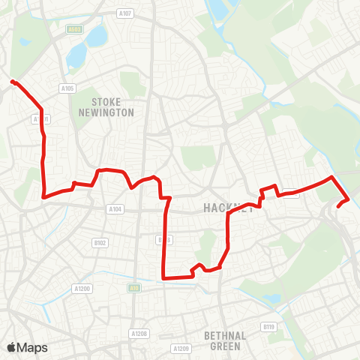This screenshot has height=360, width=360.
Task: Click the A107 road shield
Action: (x=125, y=13)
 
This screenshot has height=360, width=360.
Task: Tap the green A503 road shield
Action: (x=73, y=30)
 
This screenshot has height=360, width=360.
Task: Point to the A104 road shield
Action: (x=114, y=209)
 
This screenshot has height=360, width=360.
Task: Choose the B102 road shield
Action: (x=101, y=242)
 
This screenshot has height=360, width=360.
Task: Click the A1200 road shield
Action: (x=82, y=288)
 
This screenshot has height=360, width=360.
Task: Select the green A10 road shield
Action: (x=131, y=287)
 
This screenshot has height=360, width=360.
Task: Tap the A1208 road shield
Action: (x=138, y=333)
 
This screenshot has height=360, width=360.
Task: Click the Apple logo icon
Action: (x=11, y=347)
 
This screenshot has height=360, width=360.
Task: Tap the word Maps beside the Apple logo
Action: (x=32, y=347)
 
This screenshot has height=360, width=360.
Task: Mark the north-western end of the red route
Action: (x=13, y=81)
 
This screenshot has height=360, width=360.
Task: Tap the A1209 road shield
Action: (x=180, y=348)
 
